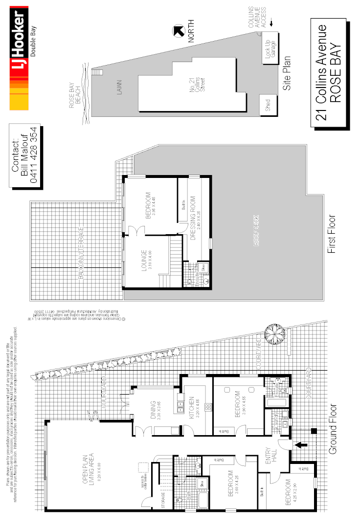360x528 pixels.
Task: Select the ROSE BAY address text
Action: (336, 75)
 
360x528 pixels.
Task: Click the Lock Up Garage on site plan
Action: (270, 48)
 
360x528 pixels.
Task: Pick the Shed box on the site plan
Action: (268, 106)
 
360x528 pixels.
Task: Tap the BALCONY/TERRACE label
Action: (81, 253)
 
